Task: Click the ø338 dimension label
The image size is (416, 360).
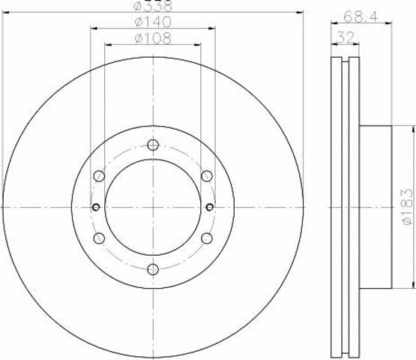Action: [153, 6]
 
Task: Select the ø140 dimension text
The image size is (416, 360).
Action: [153, 22]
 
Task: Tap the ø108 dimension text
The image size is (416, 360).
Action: [153, 38]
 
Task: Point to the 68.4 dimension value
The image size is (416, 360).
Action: [360, 17]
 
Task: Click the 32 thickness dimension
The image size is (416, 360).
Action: [346, 38]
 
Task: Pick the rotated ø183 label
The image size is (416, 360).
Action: [407, 207]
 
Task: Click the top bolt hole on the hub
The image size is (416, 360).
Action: [153, 145]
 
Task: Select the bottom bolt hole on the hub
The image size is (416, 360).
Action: [153, 269]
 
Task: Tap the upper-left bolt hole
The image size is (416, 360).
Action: [99, 176]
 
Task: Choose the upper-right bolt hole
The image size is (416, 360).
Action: [207, 176]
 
